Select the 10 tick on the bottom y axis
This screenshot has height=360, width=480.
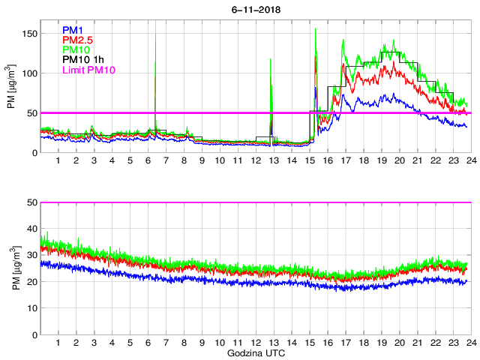pos(31,307)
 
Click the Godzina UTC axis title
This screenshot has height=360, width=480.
pos(255,352)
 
